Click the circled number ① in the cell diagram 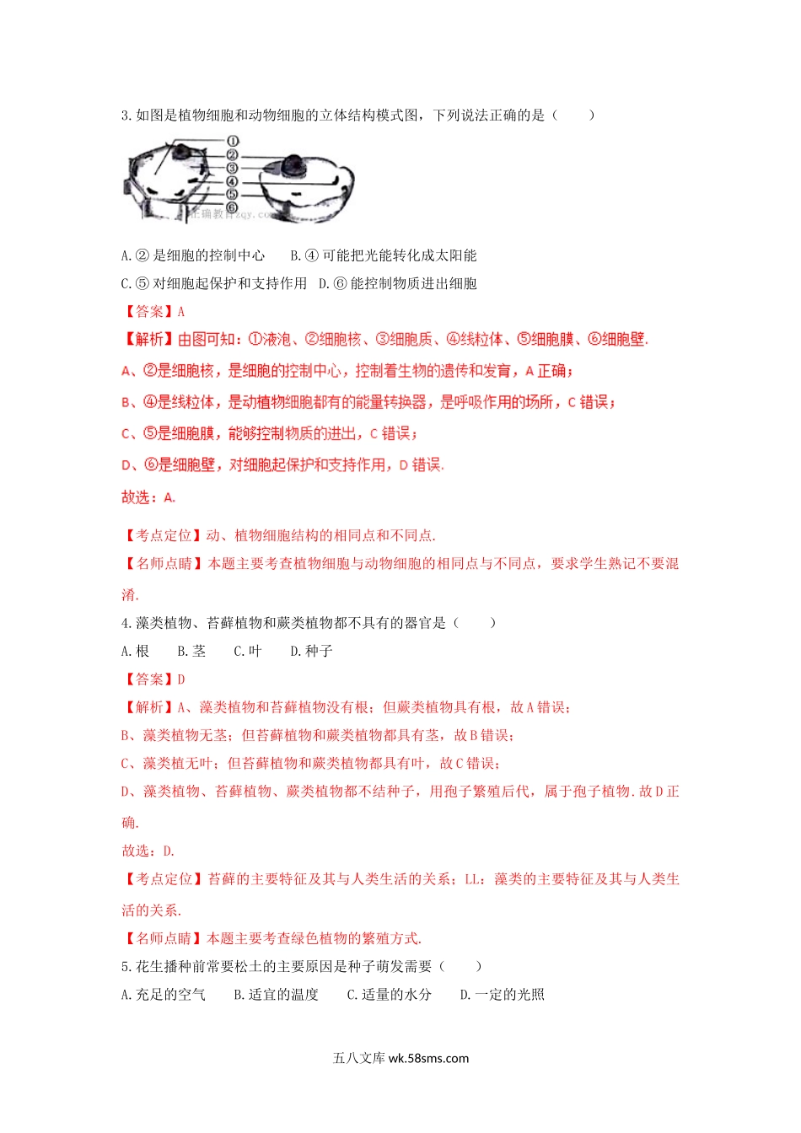pos(233,142)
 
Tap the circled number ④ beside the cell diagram pos(233,181)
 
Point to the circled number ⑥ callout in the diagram pos(233,207)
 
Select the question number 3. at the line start pos(127,115)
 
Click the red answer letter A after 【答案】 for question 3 pos(181,312)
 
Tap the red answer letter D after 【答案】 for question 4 pos(181,679)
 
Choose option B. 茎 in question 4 pos(192,651)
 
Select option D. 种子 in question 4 pos(311,651)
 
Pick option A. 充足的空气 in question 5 pos(164,995)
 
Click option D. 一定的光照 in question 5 pos(503,995)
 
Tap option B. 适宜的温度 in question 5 pos(277,995)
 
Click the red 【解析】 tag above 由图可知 pos(149,339)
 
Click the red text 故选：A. pos(148,497)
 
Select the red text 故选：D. pos(148,851)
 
